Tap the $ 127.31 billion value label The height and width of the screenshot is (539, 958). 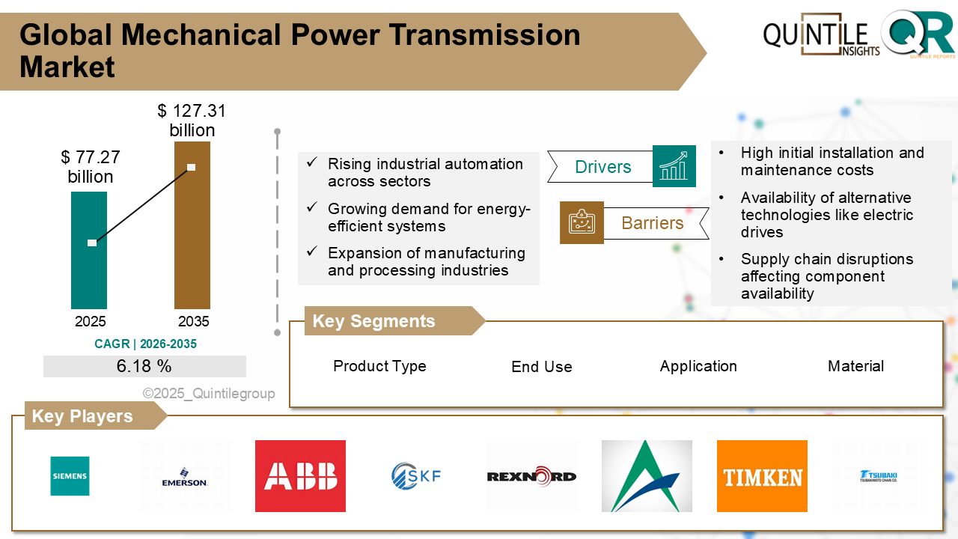(192, 121)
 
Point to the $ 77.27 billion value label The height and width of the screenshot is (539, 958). (91, 167)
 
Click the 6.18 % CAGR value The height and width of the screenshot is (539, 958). (144, 366)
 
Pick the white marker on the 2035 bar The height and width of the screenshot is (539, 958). (192, 167)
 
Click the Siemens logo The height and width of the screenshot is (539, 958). (70, 476)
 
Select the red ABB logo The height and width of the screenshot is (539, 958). (300, 476)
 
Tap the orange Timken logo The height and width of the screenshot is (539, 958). (762, 476)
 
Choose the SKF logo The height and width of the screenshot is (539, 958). (416, 475)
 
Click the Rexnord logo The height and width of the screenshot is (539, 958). (531, 476)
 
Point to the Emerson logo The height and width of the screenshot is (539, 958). (185, 481)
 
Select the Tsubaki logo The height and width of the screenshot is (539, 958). (878, 477)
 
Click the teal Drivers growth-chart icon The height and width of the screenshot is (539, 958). (674, 166)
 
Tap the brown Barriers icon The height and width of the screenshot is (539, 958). (582, 222)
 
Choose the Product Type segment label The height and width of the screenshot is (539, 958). (379, 366)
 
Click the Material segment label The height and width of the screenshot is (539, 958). (855, 366)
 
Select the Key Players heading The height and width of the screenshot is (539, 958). (82, 416)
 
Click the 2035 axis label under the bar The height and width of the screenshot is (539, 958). (193, 322)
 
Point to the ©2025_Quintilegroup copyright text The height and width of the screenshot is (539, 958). (209, 394)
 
